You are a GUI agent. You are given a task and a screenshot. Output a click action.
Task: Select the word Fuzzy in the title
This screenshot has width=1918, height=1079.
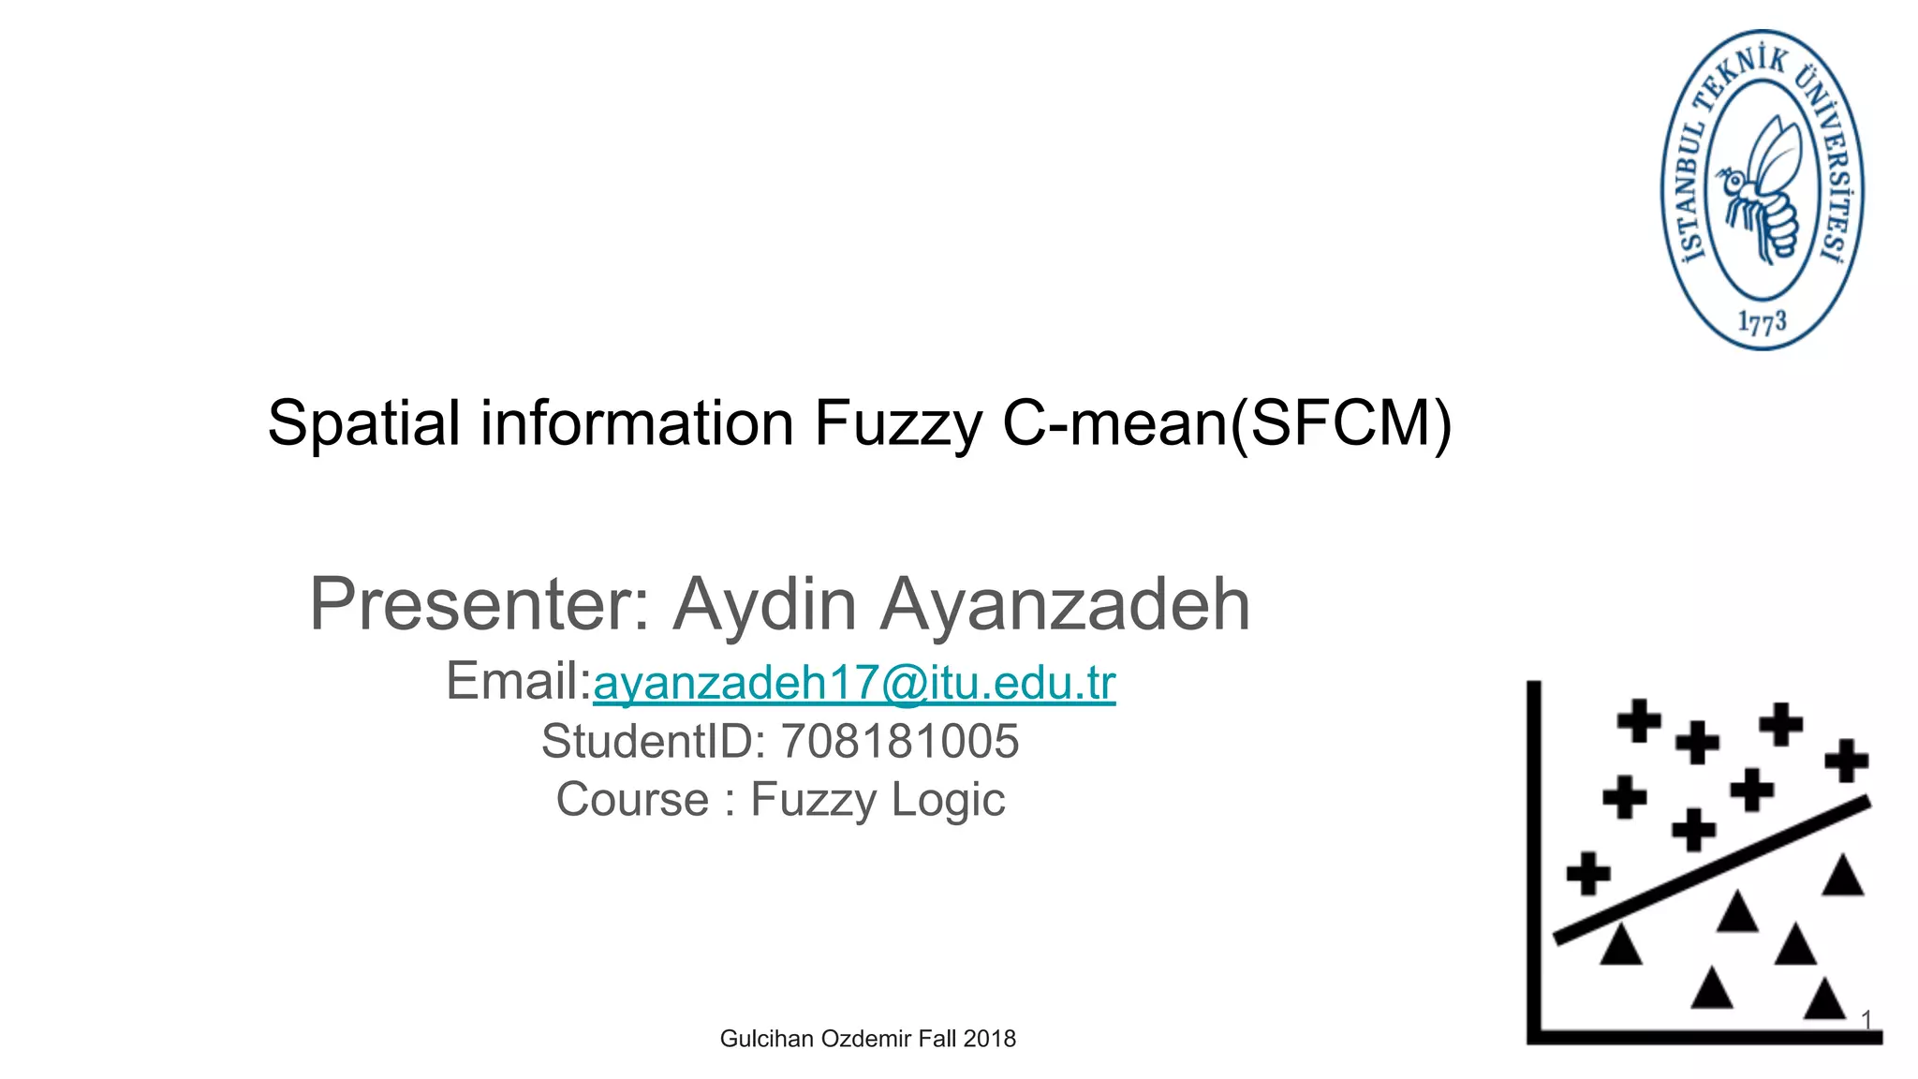click(x=897, y=423)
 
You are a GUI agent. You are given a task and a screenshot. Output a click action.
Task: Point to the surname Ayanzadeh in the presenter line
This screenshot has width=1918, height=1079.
click(x=1065, y=604)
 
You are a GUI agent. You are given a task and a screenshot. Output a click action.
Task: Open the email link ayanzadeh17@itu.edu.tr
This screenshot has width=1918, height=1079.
click(x=854, y=682)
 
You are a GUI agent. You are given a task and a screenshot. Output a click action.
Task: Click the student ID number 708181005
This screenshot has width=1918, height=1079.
click(x=899, y=741)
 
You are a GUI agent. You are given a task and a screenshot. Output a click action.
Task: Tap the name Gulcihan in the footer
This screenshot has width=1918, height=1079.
click(x=767, y=1038)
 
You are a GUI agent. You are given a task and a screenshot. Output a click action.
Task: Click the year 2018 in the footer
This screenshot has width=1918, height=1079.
click(x=990, y=1038)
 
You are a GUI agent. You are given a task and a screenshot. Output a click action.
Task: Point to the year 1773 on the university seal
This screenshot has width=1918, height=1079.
click(x=1762, y=322)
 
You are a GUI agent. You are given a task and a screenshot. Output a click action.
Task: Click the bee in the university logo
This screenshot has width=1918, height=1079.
click(x=1762, y=187)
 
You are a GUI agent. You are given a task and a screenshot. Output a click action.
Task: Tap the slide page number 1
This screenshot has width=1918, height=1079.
click(x=1866, y=1019)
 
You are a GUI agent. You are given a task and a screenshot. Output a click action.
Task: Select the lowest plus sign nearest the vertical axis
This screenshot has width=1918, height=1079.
click(x=1588, y=873)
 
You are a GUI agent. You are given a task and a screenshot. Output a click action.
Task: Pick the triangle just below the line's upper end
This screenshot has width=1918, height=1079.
click(x=1843, y=877)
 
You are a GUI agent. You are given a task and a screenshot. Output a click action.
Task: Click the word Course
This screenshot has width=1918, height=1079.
click(x=632, y=800)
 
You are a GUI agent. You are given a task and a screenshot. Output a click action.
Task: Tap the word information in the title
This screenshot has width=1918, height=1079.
click(x=637, y=423)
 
